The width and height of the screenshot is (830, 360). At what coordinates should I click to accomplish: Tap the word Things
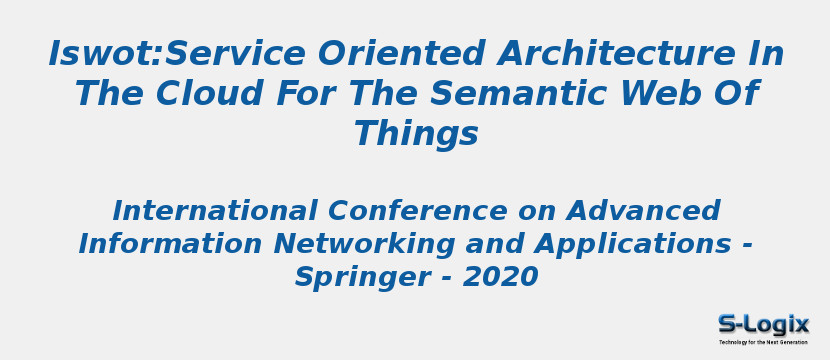point(416,134)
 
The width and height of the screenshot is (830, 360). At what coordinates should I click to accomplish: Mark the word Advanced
point(643,211)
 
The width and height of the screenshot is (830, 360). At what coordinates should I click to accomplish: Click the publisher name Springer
point(351,277)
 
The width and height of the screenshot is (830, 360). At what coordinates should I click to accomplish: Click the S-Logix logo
point(763,324)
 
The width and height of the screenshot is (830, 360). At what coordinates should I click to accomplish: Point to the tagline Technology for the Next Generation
point(763,342)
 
